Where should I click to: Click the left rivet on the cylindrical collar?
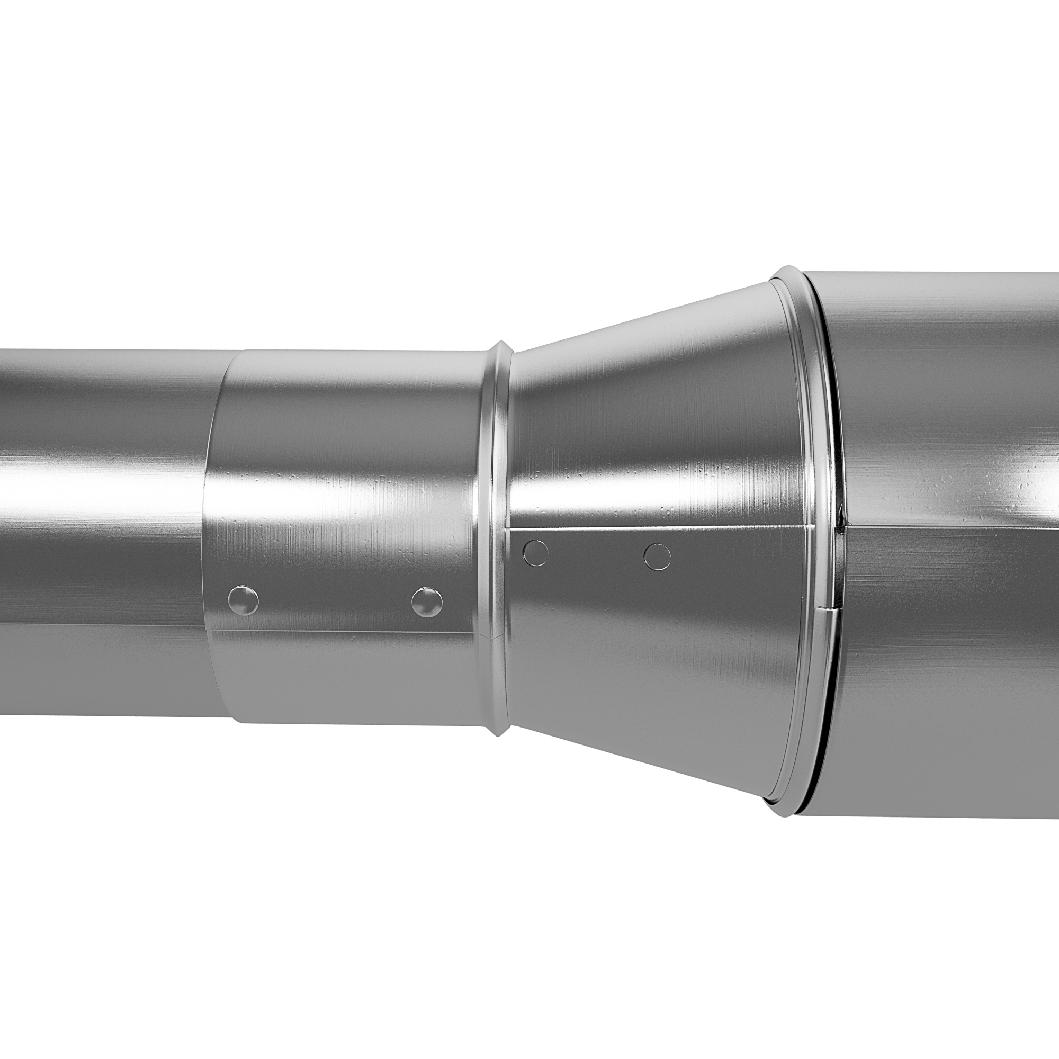click(x=243, y=600)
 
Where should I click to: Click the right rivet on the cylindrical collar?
click(x=427, y=602)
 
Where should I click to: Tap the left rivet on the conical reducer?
click(x=535, y=553)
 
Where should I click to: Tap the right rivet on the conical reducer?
click(x=657, y=557)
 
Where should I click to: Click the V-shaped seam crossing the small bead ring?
click(x=496, y=636)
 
